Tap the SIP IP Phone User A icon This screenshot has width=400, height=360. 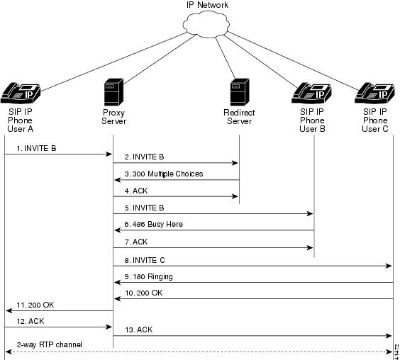pyautogui.click(x=21, y=93)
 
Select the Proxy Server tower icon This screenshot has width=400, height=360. pyautogui.click(x=113, y=92)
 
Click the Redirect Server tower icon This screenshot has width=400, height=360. pyautogui.click(x=240, y=92)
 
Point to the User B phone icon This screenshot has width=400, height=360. pyautogui.click(x=311, y=93)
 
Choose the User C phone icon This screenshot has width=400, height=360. pyautogui.click(x=374, y=93)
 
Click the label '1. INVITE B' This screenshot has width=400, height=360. pyautogui.click(x=36, y=148)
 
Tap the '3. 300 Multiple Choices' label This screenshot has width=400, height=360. pyautogui.click(x=164, y=174)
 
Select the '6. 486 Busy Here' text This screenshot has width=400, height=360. pyautogui.click(x=154, y=225)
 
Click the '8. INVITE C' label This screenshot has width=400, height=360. pyautogui.click(x=145, y=260)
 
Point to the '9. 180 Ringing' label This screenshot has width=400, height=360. pyautogui.click(x=148, y=277)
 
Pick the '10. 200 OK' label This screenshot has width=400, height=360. pyautogui.click(x=144, y=293)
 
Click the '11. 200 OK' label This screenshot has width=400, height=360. pyautogui.click(x=35, y=305)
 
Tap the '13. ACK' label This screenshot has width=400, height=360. pyautogui.click(x=139, y=330)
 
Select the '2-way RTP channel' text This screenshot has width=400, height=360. pyautogui.click(x=50, y=344)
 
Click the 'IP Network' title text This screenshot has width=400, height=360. pyautogui.click(x=207, y=5)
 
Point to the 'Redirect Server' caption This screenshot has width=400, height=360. pyautogui.click(x=239, y=117)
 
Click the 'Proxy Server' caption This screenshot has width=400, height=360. pyautogui.click(x=113, y=117)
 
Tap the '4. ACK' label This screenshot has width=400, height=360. pyautogui.click(x=136, y=191)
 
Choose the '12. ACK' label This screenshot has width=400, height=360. pyautogui.click(x=30, y=321)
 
